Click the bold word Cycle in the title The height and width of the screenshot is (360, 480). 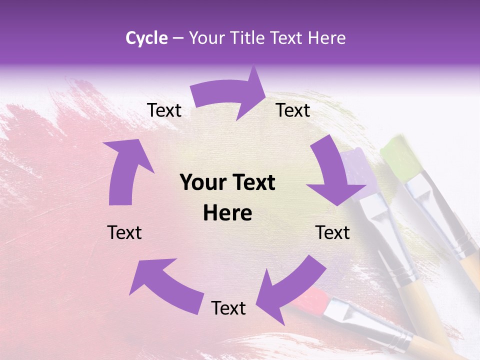click(x=146, y=38)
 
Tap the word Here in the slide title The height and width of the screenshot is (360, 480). click(x=327, y=38)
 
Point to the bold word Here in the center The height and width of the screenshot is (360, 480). click(x=227, y=213)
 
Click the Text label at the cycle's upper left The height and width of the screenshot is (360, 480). click(x=164, y=110)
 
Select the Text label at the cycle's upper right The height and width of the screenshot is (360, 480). click(x=293, y=110)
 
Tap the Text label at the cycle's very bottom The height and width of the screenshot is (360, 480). click(x=228, y=308)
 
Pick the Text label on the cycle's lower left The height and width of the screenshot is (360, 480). click(x=124, y=232)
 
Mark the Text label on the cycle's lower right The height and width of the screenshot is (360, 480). click(x=332, y=232)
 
